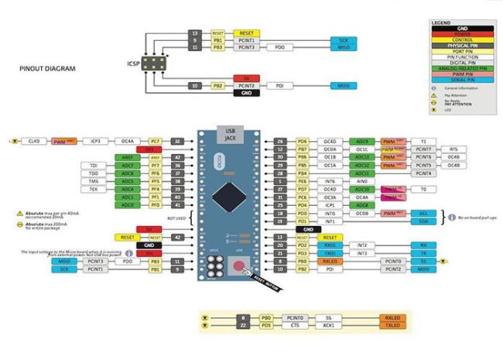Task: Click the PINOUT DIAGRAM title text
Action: tap(47, 69)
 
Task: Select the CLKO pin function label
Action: tap(33, 142)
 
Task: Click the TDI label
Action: tap(94, 166)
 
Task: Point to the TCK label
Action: tap(94, 189)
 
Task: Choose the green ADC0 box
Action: tap(128, 205)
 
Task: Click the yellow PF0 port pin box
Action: tap(155, 205)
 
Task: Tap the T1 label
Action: tap(423, 142)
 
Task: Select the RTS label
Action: tap(453, 149)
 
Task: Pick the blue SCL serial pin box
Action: tap(423, 213)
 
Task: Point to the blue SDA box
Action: tap(423, 221)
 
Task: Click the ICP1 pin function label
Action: tap(330, 205)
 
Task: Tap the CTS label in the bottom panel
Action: tap(295, 326)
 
